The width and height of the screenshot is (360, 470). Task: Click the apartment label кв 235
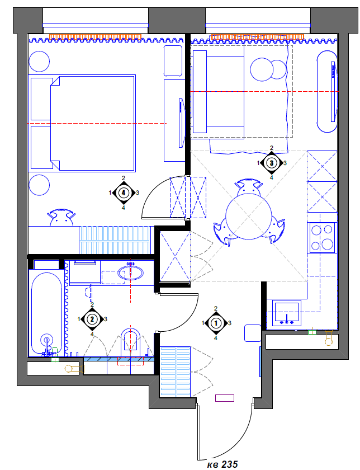(x=222, y=464)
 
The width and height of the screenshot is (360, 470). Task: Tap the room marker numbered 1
(x=216, y=323)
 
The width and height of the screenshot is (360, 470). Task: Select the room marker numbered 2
(x=92, y=319)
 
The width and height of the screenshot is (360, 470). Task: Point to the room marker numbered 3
(x=272, y=163)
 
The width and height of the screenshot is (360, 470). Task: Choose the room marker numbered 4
(x=124, y=192)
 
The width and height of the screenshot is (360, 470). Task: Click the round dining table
(x=248, y=216)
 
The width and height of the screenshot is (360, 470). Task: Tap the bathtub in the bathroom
(x=47, y=313)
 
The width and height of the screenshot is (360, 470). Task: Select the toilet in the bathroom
(x=130, y=341)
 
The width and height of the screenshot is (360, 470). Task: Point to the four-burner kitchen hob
(x=322, y=237)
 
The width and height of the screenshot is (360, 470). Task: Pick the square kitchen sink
(x=287, y=313)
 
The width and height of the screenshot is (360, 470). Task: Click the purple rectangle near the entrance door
(x=225, y=398)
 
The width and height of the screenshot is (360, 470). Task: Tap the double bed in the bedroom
(x=82, y=123)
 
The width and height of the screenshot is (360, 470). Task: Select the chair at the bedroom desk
(x=61, y=219)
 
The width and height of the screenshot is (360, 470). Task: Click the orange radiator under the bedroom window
(x=95, y=37)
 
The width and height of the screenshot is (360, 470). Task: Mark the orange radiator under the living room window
(x=257, y=37)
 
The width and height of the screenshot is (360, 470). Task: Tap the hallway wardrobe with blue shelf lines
(x=175, y=372)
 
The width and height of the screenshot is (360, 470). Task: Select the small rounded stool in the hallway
(x=253, y=333)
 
